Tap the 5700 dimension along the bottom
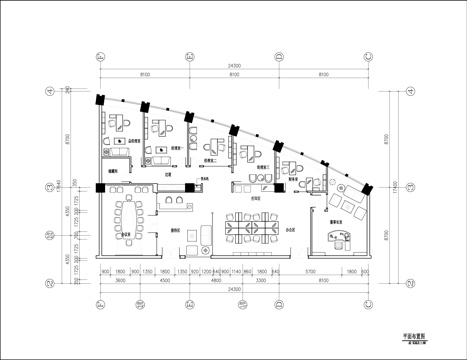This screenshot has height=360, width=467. [x=311, y=271]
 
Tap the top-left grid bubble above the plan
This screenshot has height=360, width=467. [x=100, y=56]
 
